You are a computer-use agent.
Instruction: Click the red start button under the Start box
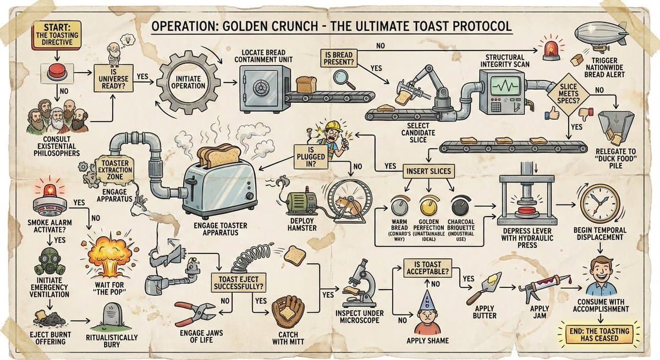pos(57,72)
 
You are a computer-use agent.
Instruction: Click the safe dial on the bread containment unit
pos(258,86)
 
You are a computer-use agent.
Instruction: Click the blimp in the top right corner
pos(601,32)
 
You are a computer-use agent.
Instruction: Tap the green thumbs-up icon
pos(552,113)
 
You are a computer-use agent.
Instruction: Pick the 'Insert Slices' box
pos(428,171)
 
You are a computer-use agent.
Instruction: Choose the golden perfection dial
pos(428,206)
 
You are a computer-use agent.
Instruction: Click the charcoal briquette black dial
pos(460,207)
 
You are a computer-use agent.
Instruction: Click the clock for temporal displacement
pos(599,202)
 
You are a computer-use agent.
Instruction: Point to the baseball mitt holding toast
pos(287,311)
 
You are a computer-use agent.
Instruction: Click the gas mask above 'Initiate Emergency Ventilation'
pos(50,262)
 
